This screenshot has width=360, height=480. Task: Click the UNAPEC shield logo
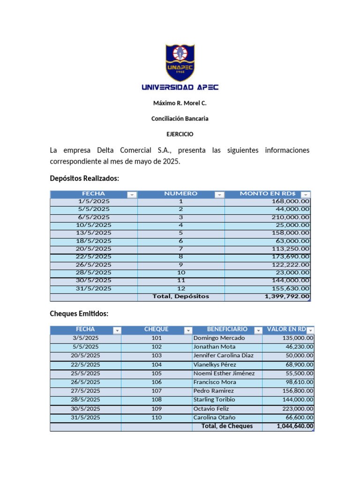pyautogui.click(x=180, y=62)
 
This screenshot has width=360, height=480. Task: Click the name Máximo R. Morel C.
pyautogui.click(x=180, y=103)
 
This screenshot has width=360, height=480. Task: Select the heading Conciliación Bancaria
pyautogui.click(x=180, y=119)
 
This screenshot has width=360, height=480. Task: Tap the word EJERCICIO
pyautogui.click(x=180, y=134)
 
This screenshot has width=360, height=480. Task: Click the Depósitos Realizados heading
pyautogui.click(x=84, y=178)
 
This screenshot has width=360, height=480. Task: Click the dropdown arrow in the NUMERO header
pyautogui.click(x=219, y=195)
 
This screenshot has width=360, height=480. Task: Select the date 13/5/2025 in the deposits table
pyautogui.click(x=94, y=233)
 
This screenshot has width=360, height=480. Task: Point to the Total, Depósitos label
pyautogui.click(x=181, y=296)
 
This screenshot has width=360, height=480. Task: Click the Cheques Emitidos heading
pyautogui.click(x=79, y=314)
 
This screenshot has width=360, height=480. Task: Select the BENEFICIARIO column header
pyautogui.click(x=227, y=329)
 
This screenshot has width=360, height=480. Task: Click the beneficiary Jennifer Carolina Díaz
pyautogui.click(x=223, y=356)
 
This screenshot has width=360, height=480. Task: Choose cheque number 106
pyautogui.click(x=157, y=382)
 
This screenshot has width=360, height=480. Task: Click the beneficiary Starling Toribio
pyautogui.click(x=214, y=400)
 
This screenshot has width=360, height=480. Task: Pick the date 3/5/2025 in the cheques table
pyautogui.click(x=86, y=338)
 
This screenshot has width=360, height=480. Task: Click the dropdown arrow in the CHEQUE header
pyautogui.click(x=188, y=330)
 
